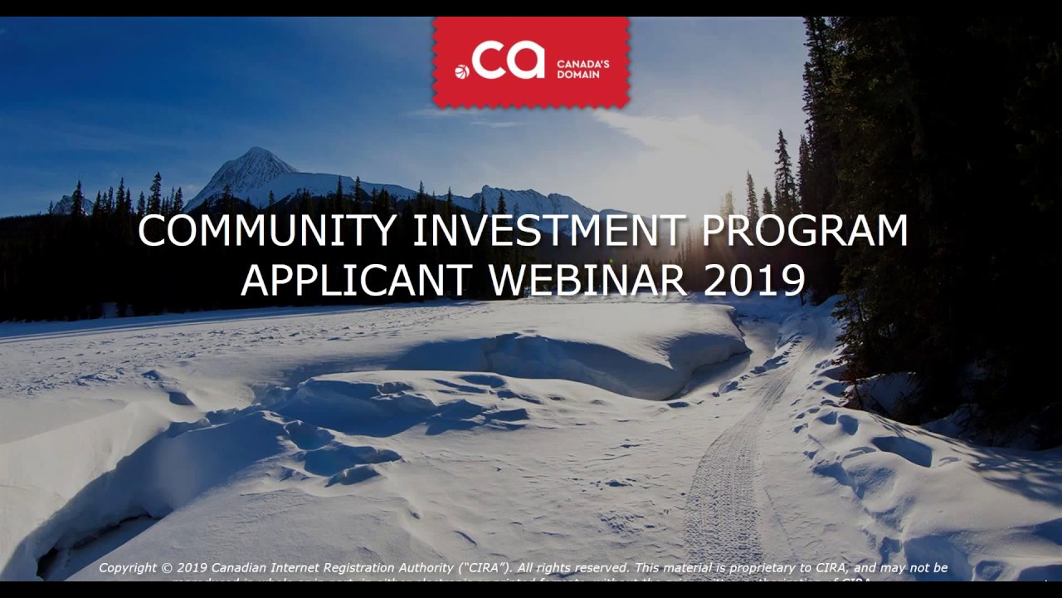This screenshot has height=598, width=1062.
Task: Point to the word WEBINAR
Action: [x=587, y=281]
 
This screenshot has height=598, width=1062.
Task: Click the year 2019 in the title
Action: [x=754, y=281]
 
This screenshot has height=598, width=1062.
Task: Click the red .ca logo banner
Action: [x=531, y=61]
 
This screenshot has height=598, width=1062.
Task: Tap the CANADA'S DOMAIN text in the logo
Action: [x=582, y=69]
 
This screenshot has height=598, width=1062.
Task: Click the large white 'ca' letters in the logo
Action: [x=509, y=61]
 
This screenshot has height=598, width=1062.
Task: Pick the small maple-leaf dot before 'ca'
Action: [x=462, y=71]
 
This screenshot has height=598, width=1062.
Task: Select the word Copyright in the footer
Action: [x=127, y=568]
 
